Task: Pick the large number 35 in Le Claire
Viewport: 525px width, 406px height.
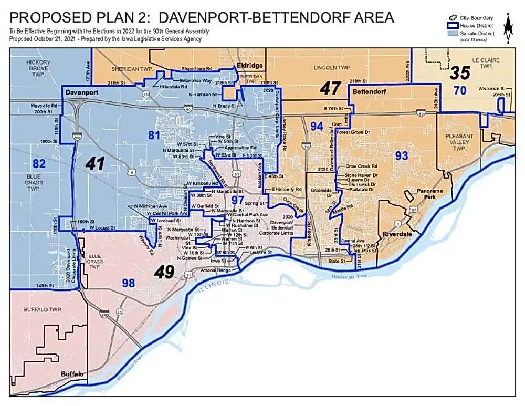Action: pos(459,73)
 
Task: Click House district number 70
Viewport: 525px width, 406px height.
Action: pos(460,91)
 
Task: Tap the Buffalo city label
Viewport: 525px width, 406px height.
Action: pos(72,373)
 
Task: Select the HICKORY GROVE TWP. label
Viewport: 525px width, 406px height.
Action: pos(38,68)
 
